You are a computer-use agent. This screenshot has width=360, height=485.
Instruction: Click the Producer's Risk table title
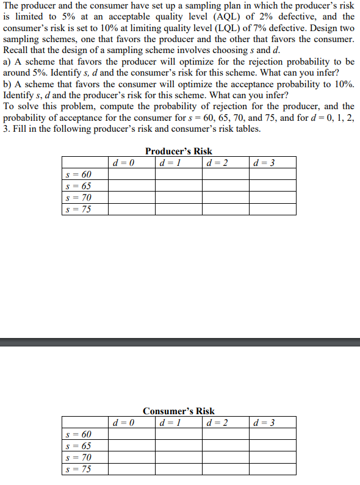[179, 151]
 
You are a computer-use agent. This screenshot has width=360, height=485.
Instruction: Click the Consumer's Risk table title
[179, 411]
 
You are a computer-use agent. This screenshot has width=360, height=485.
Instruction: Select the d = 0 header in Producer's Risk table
[124, 163]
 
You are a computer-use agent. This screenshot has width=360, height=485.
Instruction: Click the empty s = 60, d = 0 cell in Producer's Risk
[131, 175]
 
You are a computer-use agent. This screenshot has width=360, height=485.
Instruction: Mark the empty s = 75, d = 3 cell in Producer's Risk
[273, 209]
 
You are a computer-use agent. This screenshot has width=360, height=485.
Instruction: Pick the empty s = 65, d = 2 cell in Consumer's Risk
[226, 446]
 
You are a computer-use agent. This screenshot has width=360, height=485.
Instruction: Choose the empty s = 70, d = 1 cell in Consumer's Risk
[178, 458]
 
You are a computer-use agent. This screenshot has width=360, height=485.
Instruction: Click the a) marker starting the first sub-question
[7, 62]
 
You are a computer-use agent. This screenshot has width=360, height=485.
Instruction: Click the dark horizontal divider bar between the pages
[180, 343]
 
